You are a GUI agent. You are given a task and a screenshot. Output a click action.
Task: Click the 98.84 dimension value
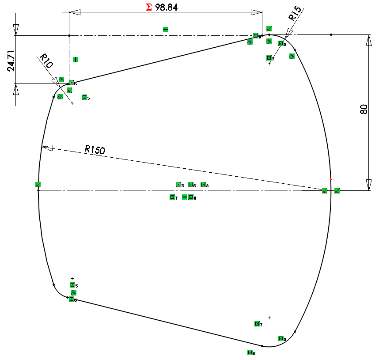167,8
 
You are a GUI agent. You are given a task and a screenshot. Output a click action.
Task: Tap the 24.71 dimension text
12,61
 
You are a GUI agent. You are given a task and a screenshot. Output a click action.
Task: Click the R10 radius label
46,61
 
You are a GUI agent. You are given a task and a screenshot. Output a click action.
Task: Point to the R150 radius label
95,150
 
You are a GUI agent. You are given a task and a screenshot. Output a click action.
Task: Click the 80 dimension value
364,109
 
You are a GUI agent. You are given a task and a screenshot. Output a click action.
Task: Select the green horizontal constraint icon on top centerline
166,30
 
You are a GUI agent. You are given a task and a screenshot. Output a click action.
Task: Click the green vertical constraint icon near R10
76,59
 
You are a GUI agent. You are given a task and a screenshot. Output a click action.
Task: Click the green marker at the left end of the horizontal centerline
38,185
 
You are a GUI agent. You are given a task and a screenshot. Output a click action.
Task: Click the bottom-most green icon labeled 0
250,352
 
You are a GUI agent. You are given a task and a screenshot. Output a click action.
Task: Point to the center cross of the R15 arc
269,64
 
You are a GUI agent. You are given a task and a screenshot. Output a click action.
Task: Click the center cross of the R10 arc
72,103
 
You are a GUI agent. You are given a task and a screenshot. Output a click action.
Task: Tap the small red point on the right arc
331,179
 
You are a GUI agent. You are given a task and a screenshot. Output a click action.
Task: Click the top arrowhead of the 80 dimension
368,40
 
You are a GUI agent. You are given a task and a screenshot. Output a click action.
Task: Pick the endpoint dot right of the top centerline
331,34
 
